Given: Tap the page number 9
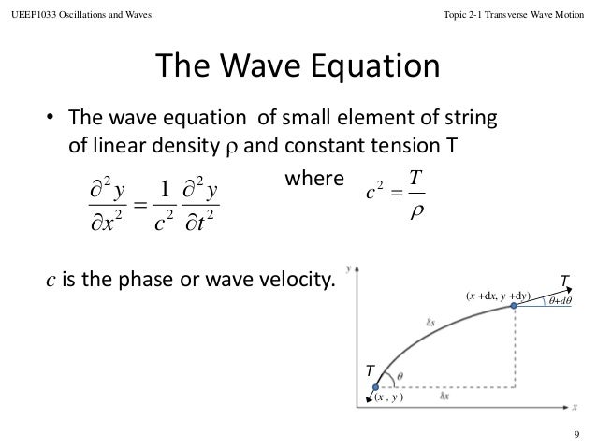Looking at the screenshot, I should (577, 432).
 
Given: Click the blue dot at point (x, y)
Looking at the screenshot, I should (374, 386).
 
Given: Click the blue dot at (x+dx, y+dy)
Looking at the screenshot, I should (513, 306).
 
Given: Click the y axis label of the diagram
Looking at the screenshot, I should (348, 267).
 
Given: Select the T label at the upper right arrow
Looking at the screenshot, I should (563, 280).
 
